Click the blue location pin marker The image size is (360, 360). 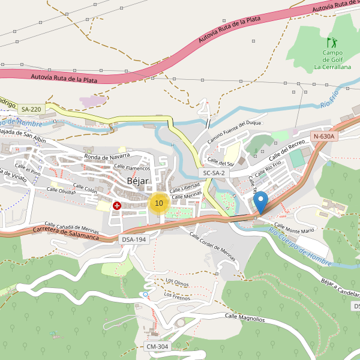260,202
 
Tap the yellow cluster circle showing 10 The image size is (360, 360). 158,203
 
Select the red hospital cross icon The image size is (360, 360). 116,206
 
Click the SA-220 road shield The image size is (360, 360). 31,109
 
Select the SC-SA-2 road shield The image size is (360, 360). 214,173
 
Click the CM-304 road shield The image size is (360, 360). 158,347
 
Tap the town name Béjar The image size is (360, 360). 139,181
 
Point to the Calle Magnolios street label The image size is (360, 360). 244,317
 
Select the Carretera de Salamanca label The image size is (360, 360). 65,232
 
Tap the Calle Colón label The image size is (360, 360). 85,189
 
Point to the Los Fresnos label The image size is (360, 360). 176,295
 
